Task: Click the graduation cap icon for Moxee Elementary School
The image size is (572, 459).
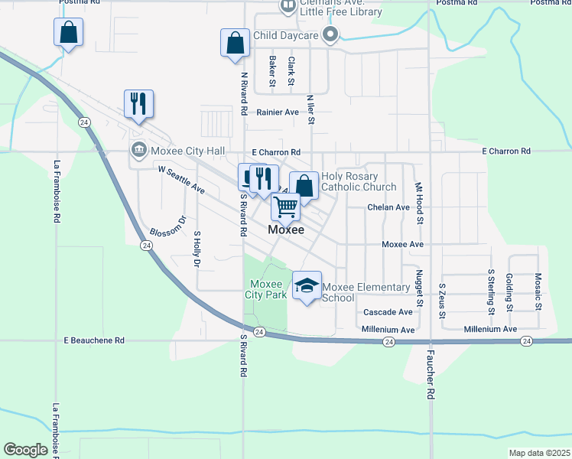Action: coord(307,285)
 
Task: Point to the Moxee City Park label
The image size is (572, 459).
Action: coord(265,288)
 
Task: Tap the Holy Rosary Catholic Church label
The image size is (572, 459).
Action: coord(359,181)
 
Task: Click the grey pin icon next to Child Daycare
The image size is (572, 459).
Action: coord(330,34)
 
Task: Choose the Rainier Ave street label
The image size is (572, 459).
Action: coord(277,112)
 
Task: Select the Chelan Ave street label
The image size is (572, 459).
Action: coord(388,207)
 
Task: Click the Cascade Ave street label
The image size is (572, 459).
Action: coord(388,312)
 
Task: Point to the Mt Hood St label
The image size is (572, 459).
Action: coord(419,202)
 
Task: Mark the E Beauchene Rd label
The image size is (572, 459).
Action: coord(94,340)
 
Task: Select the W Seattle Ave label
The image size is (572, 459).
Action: coord(182,179)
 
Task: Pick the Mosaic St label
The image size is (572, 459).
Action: coord(538,291)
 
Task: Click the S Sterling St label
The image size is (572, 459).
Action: coord(491,291)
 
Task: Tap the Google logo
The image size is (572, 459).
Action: coord(26,450)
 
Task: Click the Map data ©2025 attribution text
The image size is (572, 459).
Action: coord(538,453)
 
